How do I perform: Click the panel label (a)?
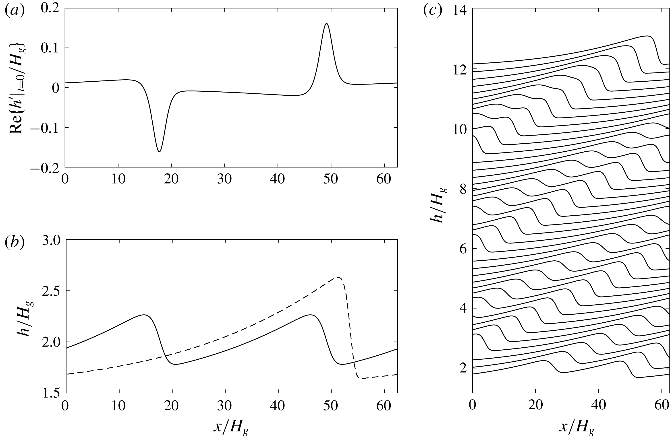(x=15, y=10)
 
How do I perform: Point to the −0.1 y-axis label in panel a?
(x=45, y=128)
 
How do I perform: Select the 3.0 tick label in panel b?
(x=52, y=241)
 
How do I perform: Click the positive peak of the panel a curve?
(x=327, y=24)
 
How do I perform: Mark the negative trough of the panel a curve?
(x=159, y=152)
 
